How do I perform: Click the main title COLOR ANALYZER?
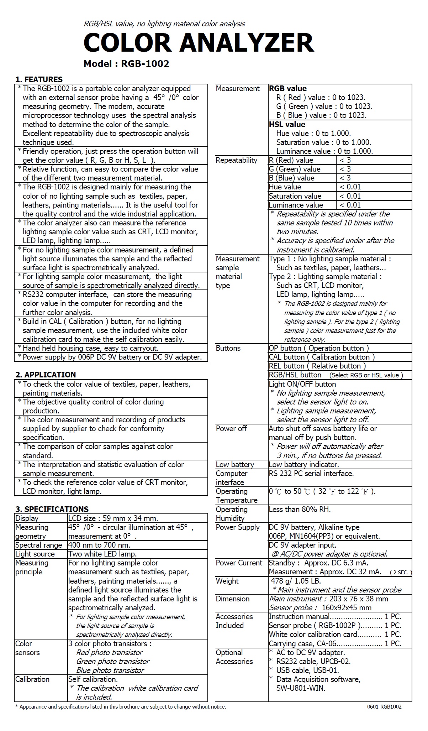coord(199,43)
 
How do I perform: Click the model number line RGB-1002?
coord(126,64)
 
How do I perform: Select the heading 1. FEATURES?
coord(39,79)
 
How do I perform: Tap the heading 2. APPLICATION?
coord(46,375)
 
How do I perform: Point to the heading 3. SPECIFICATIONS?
coord(52,509)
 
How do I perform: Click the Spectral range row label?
coord(38,545)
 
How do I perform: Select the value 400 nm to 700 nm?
coord(99,545)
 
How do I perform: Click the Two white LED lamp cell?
coord(102,554)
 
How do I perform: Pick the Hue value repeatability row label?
coord(285,187)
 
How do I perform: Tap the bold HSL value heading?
coord(287,125)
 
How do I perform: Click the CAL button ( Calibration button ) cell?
coord(322,357)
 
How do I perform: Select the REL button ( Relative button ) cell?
coord(317,366)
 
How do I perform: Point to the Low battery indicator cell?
coord(304,465)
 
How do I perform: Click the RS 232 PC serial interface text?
coord(311,474)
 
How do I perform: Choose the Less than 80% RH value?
coord(300,510)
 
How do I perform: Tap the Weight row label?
coord(227,581)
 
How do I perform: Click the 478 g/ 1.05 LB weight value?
coord(296,581)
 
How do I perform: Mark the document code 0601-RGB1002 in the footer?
coord(384,707)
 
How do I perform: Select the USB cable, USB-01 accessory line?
coord(307,670)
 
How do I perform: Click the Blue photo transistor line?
coord(110,670)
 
